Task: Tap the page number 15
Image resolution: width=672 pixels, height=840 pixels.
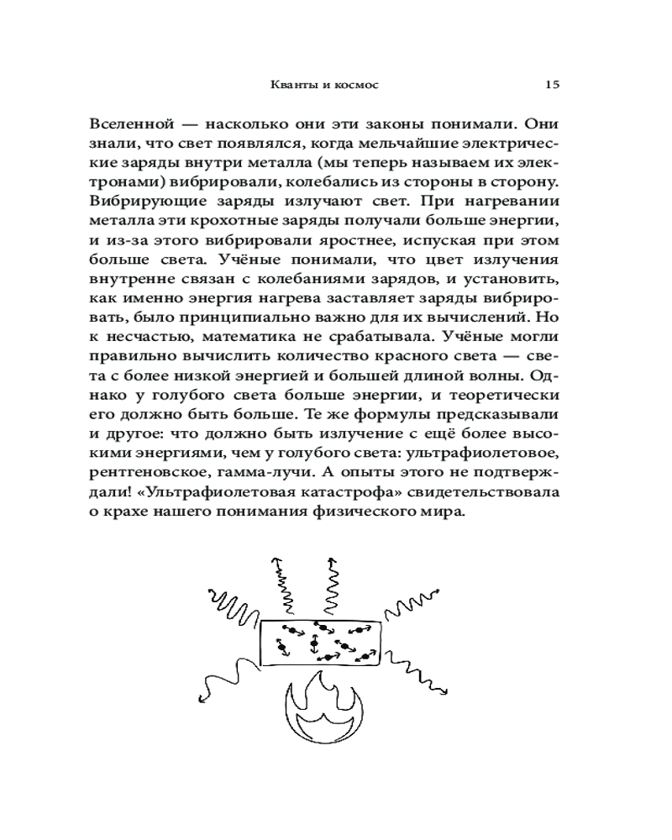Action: pyautogui.click(x=552, y=85)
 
